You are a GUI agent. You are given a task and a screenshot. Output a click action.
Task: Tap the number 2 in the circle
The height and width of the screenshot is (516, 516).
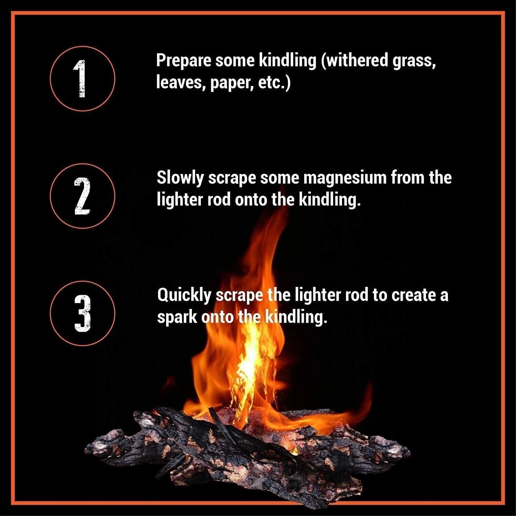pos(82,196)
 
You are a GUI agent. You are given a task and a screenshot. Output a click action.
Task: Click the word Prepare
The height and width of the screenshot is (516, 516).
pos(184,61)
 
